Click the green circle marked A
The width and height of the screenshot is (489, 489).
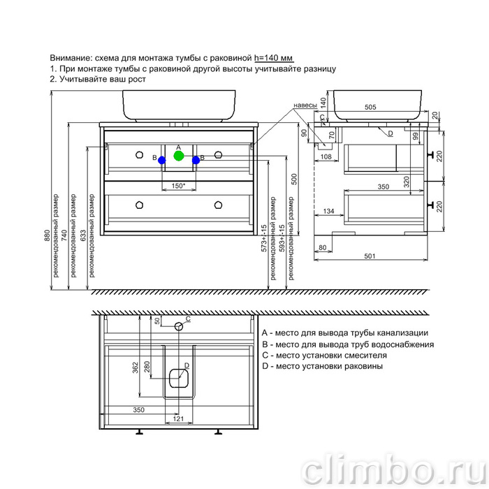coord(179,156)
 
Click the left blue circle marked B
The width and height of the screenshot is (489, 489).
coord(162,160)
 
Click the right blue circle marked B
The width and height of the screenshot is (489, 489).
coord(196,160)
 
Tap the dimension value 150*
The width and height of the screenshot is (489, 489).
coord(178,186)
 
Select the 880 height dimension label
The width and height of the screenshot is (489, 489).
coord(47,235)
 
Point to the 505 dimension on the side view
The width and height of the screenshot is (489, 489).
coord(370,107)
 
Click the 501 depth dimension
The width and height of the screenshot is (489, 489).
coord(370,256)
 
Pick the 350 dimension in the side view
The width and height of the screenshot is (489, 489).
coord(384,187)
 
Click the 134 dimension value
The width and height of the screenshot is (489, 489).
coord(328,211)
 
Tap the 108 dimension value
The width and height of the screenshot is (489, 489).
coord(326,156)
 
